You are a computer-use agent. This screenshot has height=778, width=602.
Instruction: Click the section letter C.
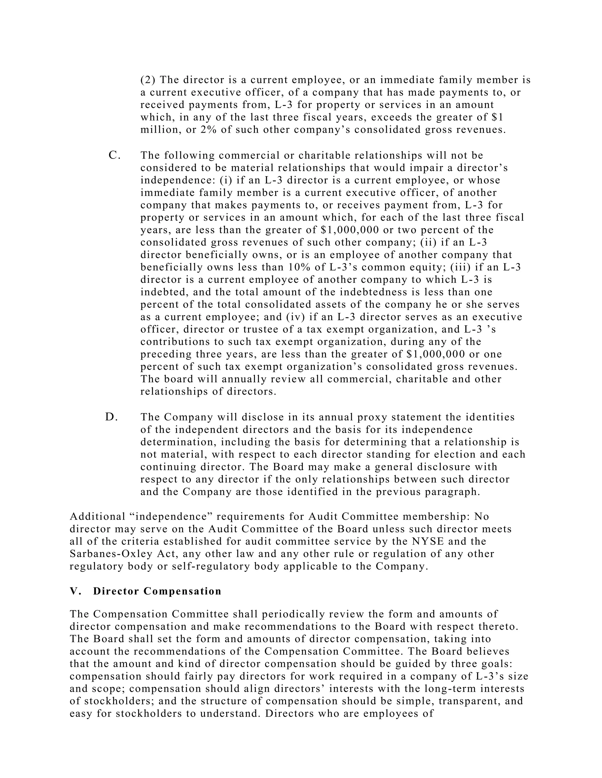[114, 155]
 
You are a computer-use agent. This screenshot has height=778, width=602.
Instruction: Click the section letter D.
[111, 417]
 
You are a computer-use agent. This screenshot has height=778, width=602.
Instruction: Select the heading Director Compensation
[157, 591]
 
